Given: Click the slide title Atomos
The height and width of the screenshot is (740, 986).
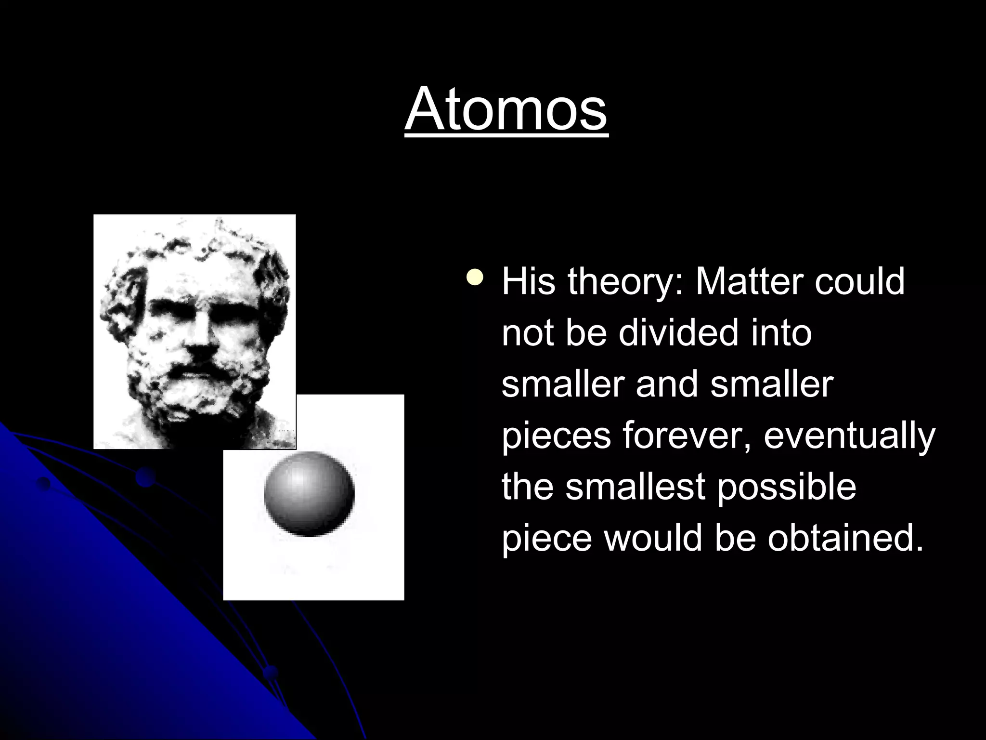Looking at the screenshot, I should (x=506, y=109).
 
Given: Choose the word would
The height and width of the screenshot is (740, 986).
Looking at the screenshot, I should (x=654, y=538).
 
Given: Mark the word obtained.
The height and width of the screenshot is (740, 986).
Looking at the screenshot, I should (x=845, y=538).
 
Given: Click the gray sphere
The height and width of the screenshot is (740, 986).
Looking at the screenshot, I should (x=309, y=493).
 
